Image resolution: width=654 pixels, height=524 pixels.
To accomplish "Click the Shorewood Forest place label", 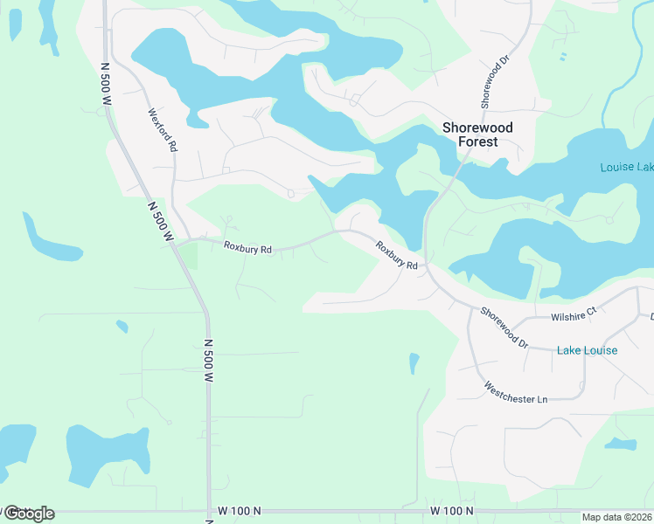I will (477, 134).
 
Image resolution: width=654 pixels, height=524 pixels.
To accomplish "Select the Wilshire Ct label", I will (573, 311).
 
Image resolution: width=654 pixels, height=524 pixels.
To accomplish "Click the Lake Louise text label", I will (587, 350).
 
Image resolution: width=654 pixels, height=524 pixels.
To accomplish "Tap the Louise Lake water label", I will (626, 167).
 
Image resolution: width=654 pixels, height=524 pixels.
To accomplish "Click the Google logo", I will (28, 514).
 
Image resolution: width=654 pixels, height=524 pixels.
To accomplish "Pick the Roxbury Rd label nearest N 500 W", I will (247, 249).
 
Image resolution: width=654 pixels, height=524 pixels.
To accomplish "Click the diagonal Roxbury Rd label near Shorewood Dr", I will (398, 254).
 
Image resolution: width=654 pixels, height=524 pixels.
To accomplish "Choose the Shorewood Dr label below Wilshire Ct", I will (504, 328).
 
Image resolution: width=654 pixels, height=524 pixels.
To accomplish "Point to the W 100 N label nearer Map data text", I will (452, 510).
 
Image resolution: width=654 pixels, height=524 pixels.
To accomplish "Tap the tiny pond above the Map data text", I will (620, 444).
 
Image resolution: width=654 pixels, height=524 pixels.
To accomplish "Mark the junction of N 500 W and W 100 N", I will (209, 511).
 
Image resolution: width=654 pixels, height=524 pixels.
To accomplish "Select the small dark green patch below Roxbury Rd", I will (189, 256).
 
